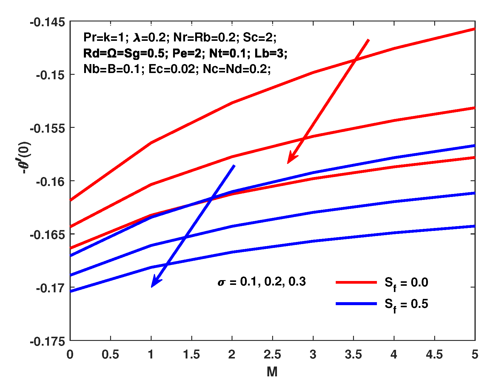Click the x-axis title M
click(272, 372)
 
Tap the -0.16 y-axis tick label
click(50, 181)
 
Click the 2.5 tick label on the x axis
click(272, 355)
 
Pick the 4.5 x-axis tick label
click(434, 355)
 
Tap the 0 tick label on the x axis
click(70, 355)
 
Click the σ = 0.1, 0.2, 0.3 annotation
click(262, 282)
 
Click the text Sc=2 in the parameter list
click(260, 38)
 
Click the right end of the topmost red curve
click(474, 29)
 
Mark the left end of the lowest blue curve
click(71, 291)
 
